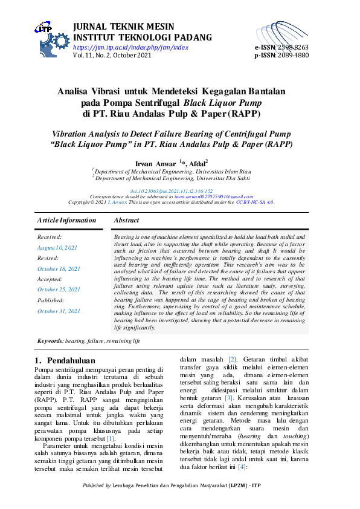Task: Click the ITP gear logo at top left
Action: [x=52, y=37]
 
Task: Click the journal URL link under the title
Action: [x=130, y=47]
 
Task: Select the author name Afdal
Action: [x=197, y=163]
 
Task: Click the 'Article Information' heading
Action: [x=66, y=221]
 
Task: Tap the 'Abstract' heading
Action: [x=126, y=221]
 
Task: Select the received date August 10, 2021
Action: [x=57, y=248]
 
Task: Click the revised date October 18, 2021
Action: [x=59, y=268]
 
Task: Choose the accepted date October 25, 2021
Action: [x=59, y=290]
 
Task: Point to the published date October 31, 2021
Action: [x=59, y=311]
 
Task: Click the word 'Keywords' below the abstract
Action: [x=50, y=341]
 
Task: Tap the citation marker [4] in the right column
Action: [x=242, y=450]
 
